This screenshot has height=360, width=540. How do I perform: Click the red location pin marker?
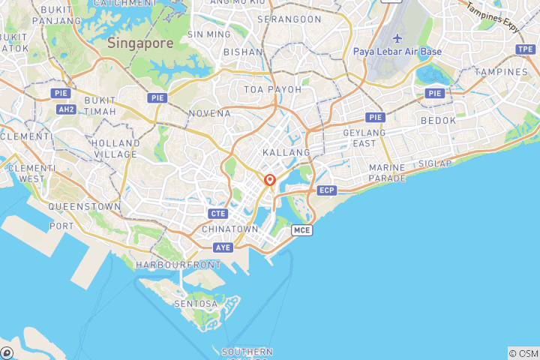tap(270, 180)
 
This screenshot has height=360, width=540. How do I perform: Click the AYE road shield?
tap(223, 247)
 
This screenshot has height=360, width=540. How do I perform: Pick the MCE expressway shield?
tap(301, 229)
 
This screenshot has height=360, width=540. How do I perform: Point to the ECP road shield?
tap(326, 190)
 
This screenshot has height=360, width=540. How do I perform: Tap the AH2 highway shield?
tap(66, 109)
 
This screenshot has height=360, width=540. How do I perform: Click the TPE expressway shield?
tap(525, 49)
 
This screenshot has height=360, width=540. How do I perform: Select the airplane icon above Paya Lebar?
tap(397, 38)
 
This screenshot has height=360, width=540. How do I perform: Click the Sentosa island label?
tap(196, 304)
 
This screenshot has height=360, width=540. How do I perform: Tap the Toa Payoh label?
tap(273, 89)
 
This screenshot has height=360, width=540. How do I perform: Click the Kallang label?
tap(286, 152)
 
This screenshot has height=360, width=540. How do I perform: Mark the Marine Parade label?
tap(387, 172)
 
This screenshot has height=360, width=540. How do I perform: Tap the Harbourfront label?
tap(178, 265)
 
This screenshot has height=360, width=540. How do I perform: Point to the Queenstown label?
tap(84, 205)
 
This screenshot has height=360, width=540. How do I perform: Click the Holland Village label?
tap(115, 148)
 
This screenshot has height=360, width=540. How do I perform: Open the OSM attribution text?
tap(523, 353)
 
